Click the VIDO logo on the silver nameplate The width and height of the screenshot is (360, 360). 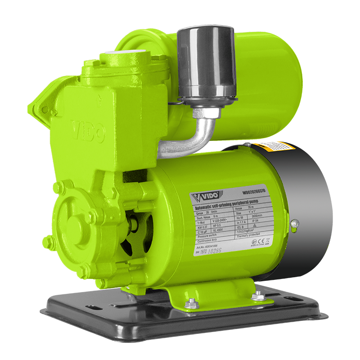click(205, 197)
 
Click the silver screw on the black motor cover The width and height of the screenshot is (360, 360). click(294, 223)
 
